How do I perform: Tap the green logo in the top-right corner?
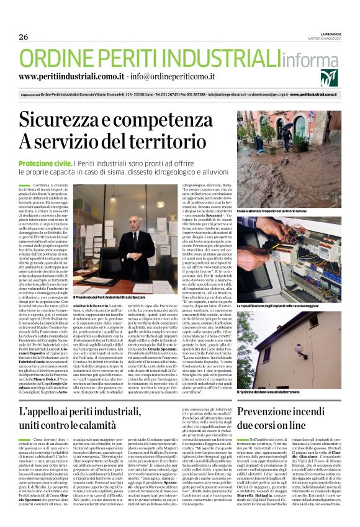click(x=329, y=78)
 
